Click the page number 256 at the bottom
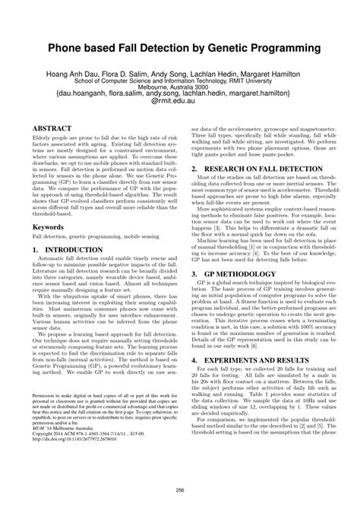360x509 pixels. point(180,490)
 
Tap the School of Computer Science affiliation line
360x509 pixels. point(180,87)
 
